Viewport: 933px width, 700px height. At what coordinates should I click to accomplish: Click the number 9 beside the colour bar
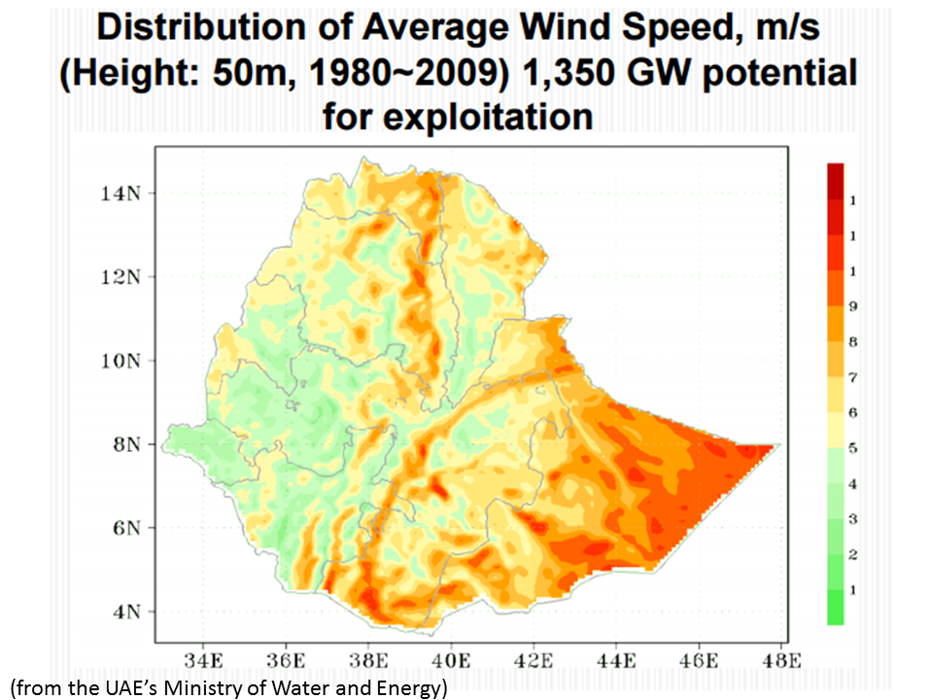pyautogui.click(x=852, y=306)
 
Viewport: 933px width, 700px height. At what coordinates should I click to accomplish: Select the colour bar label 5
pyautogui.click(x=852, y=448)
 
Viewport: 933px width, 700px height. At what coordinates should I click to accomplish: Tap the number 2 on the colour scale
pyautogui.click(x=852, y=554)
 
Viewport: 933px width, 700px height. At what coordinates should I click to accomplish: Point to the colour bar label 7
pyautogui.click(x=852, y=377)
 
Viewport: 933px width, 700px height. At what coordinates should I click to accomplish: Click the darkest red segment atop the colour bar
pyautogui.click(x=834, y=181)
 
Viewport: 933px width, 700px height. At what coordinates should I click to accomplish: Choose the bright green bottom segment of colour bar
pyautogui.click(x=834, y=607)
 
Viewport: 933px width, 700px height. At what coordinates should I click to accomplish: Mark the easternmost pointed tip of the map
pyautogui.click(x=775, y=445)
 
